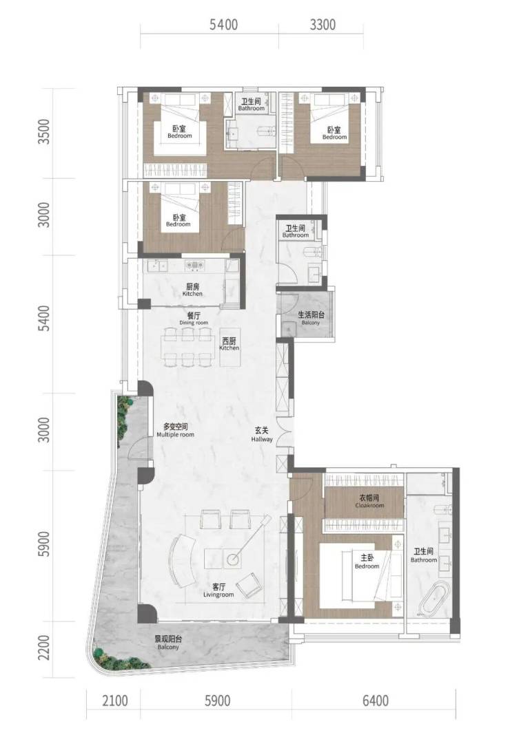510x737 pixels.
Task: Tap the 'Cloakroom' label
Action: point(369,506)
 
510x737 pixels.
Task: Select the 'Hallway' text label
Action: point(262,439)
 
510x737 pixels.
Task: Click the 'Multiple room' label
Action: point(175,435)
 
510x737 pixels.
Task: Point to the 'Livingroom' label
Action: point(218,595)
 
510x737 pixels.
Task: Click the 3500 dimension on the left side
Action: point(43,131)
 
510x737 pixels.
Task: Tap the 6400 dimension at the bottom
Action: point(376,701)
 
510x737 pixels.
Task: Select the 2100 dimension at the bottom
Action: point(115,701)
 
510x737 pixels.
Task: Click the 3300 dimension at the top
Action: point(323,25)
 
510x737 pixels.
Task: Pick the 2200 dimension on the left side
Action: point(43,648)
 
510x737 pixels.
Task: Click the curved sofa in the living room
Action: point(182,561)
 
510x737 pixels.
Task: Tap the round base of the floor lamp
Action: point(233,559)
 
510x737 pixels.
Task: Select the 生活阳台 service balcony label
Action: point(311,315)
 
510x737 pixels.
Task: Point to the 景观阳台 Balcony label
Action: point(169,639)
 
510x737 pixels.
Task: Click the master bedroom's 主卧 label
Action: point(367,558)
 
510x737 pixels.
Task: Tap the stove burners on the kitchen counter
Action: point(194,266)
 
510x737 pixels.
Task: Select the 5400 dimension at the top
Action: point(224,25)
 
